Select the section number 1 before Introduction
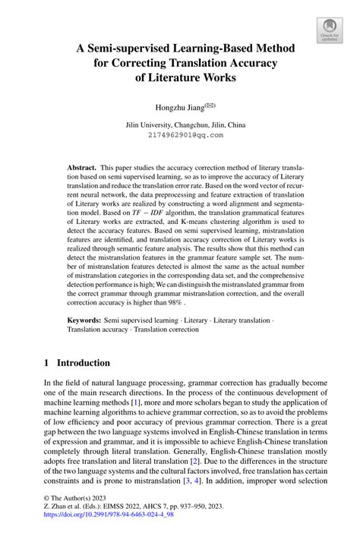tap(46, 363)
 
